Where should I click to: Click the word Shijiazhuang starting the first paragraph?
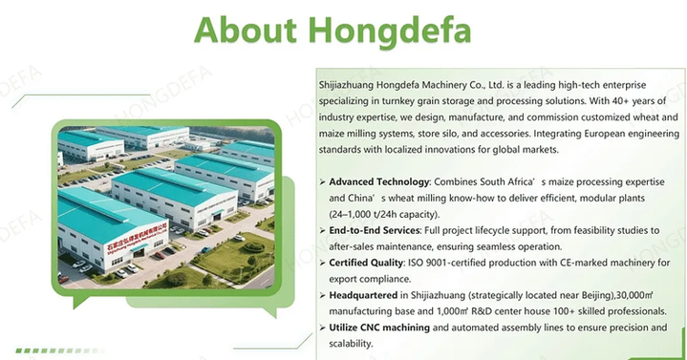point(351,85)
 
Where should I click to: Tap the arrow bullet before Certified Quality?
point(321,264)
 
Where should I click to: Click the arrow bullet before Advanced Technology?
point(321,181)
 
